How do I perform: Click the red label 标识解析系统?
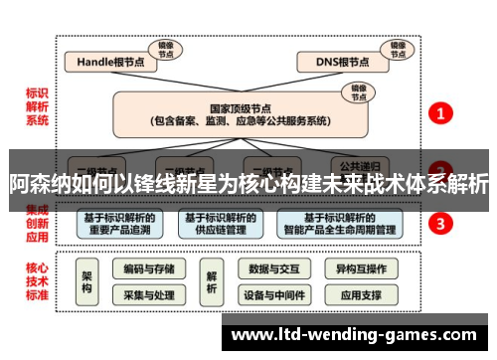click(37, 106)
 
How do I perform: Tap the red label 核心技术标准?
click(37, 281)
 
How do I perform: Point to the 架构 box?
click(87, 281)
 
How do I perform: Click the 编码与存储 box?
click(149, 269)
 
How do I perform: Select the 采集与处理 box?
click(149, 295)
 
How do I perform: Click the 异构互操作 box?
click(360, 269)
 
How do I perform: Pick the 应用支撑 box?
click(360, 295)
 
